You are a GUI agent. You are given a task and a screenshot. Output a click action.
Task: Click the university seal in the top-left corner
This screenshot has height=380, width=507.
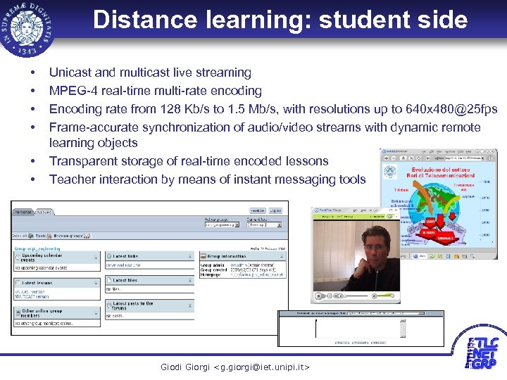point(27,28)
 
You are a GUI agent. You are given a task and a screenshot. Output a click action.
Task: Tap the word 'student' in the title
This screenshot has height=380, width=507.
point(365,20)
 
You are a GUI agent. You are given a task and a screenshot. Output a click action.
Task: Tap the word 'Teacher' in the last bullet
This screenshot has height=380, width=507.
point(71,179)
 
